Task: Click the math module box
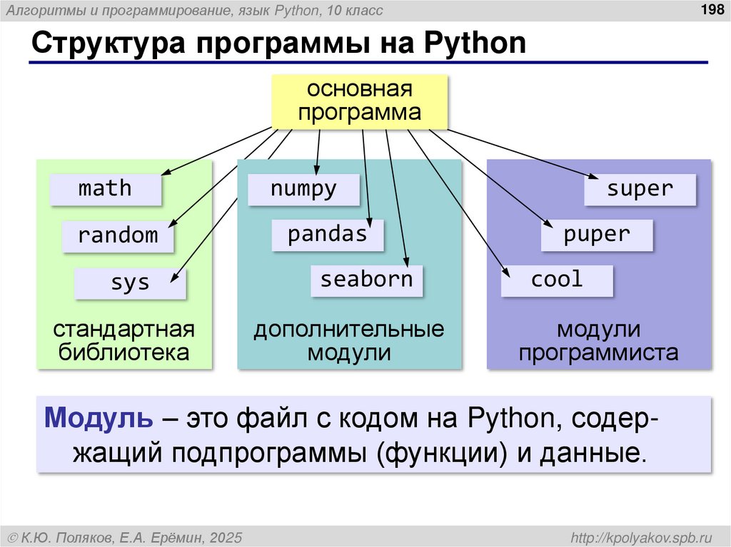coord(105,189)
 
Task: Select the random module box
coord(118,235)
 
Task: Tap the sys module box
coord(130,282)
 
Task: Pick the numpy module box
coord(303,189)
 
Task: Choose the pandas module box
coord(327,235)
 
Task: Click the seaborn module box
coord(366,280)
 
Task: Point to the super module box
coord(640,189)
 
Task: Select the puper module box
coord(596,235)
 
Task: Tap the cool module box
coord(557,280)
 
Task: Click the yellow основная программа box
coord(359,102)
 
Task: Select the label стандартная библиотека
coord(124,341)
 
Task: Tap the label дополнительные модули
coord(349,341)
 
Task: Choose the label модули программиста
coord(598,341)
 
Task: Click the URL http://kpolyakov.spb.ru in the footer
coord(642,536)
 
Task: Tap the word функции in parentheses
coord(439,452)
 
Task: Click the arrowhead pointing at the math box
coord(166,173)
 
